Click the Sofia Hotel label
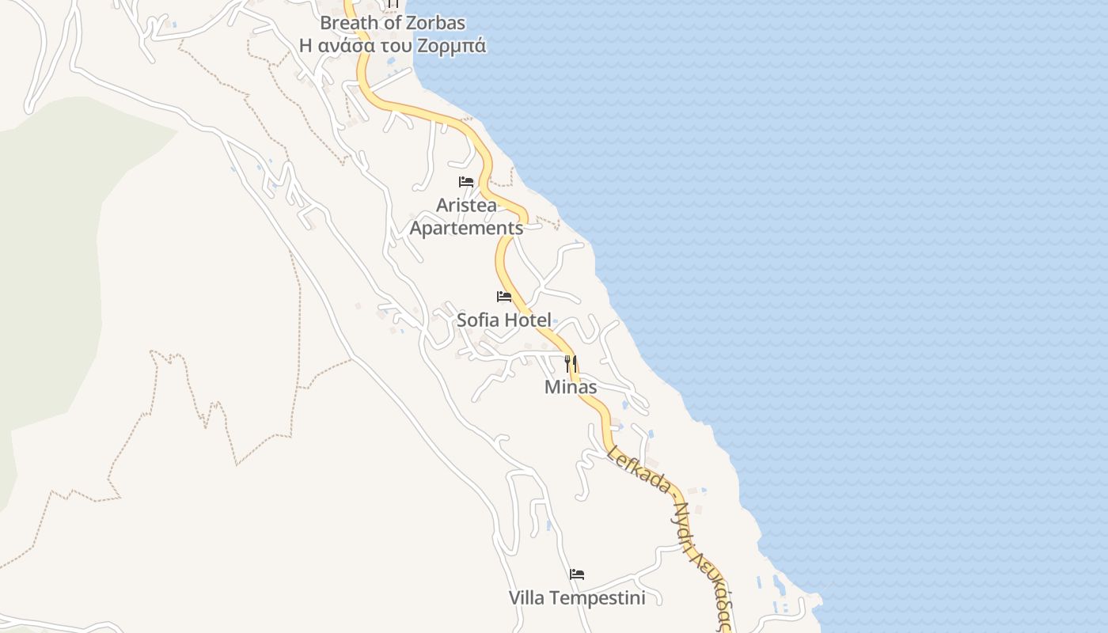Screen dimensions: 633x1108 (x=504, y=320)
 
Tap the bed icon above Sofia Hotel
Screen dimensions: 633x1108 (x=504, y=297)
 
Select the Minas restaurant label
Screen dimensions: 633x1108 (x=571, y=387)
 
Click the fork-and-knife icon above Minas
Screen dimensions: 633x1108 (x=571, y=364)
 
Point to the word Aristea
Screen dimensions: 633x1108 (x=467, y=206)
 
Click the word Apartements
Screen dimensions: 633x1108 (x=466, y=228)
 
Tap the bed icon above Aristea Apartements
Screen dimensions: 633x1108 (x=466, y=182)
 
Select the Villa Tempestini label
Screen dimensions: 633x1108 (x=577, y=597)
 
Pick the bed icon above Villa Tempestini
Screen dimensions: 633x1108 (x=577, y=574)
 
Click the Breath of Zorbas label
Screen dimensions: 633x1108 (x=393, y=22)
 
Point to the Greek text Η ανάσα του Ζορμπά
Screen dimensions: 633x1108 (x=393, y=46)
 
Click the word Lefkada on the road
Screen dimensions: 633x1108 (x=639, y=469)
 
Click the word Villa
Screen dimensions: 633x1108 (x=526, y=597)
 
